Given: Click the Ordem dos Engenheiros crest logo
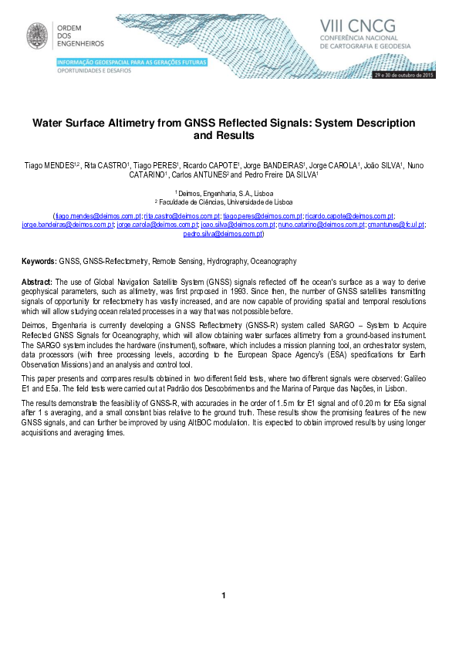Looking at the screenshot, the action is [x=36, y=35].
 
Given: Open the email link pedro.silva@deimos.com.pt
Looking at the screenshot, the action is [x=223, y=232].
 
